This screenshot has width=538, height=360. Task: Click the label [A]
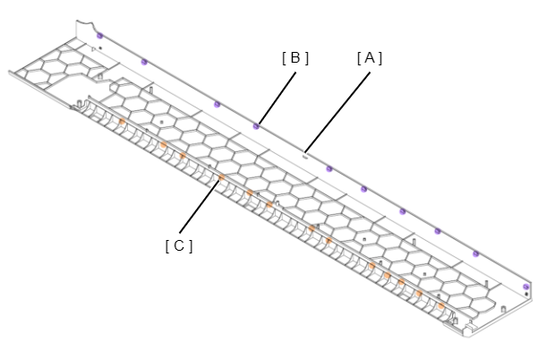[370, 58]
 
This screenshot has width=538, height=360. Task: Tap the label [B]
[295, 58]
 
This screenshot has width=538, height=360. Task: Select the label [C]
[179, 246]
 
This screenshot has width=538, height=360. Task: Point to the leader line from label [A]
[338, 112]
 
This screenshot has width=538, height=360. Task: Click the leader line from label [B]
[278, 99]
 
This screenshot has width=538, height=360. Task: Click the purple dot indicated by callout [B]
[256, 126]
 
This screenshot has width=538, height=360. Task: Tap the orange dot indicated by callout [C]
[222, 177]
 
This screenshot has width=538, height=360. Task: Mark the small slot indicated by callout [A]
[304, 157]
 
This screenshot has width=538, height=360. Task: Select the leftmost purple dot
[100, 35]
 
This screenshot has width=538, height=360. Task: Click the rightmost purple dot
[525, 287]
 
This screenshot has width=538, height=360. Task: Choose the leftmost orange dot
[122, 121]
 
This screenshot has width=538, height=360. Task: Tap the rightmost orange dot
[441, 305]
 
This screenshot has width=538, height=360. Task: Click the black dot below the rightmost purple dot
[526, 294]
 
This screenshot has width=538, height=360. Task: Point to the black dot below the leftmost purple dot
[100, 48]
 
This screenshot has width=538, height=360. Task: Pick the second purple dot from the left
[144, 62]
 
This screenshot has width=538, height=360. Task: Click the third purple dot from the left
[217, 104]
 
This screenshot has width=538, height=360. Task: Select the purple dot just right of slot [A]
[329, 169]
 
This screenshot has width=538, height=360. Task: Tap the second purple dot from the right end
[475, 254]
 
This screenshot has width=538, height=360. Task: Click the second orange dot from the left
[163, 145]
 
